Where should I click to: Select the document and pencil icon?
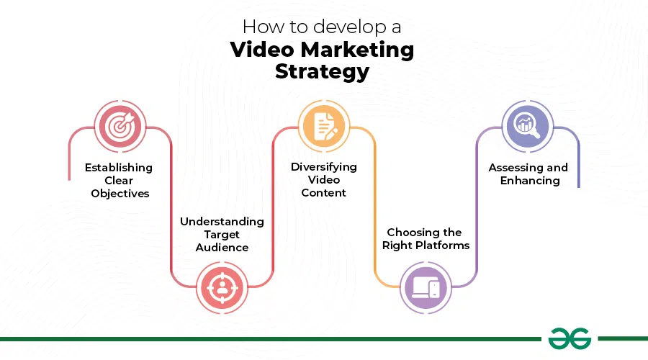[323, 127]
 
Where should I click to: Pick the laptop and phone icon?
[426, 287]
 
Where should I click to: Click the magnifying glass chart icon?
[528, 127]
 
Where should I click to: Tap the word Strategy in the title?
[323, 72]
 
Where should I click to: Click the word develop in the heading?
[336, 27]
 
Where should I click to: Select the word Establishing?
[119, 168]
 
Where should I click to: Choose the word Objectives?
[120, 194]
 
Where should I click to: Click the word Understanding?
[222, 222]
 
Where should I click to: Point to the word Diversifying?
[323, 167]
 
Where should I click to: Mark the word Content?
[323, 193]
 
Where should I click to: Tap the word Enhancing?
[530, 181]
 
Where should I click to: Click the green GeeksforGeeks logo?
[569, 338]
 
